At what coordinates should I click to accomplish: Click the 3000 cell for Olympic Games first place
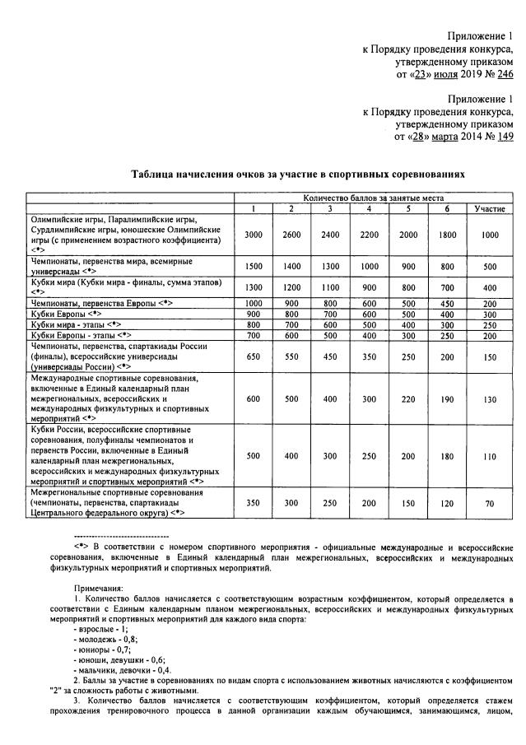point(254,235)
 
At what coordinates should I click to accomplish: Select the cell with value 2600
point(291,235)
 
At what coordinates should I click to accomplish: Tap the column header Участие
point(490,209)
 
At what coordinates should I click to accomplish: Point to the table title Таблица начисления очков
point(298,175)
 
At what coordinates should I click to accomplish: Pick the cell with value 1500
point(254,267)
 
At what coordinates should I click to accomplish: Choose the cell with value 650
point(254,356)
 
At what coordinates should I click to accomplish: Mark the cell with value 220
point(407,398)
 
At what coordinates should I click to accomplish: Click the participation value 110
point(490,455)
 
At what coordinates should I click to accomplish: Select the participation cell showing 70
point(490,502)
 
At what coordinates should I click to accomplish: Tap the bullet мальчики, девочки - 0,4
point(124,669)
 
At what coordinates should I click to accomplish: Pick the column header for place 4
point(369,209)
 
